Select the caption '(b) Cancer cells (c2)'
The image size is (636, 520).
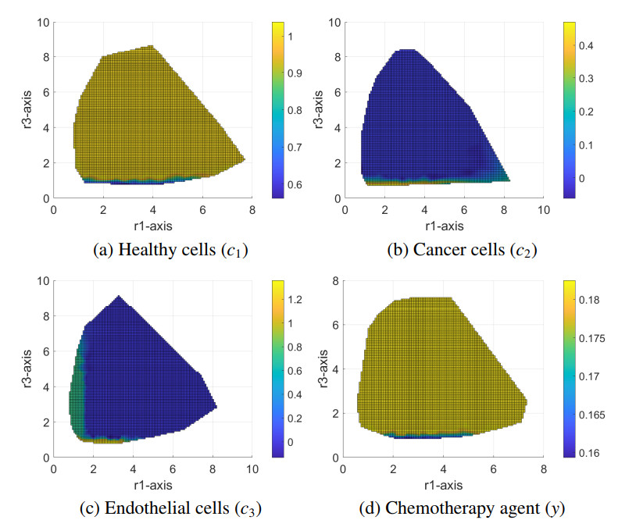[463, 251]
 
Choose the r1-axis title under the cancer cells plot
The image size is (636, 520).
[444, 226]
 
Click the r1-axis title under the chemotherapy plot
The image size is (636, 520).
[443, 484]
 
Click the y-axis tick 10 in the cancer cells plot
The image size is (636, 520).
[332, 22]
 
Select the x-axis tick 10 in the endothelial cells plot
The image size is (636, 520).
[252, 469]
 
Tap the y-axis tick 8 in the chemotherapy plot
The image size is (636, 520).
[335, 282]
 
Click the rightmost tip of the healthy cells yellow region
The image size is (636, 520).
[245, 159]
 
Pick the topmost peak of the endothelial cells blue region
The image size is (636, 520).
[118, 296]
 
